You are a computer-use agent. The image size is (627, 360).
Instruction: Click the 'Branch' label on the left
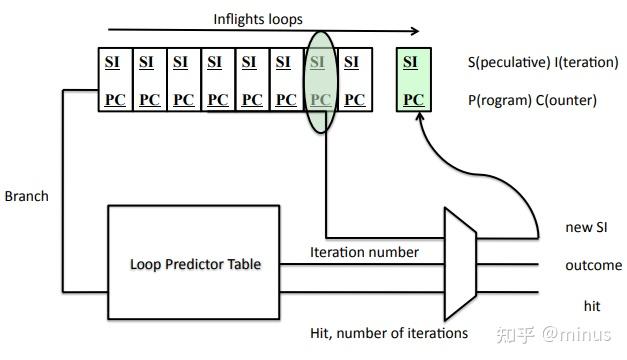[26, 196]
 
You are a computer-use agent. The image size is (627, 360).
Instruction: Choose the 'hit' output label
[592, 305]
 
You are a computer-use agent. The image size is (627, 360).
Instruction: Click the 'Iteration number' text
[364, 253]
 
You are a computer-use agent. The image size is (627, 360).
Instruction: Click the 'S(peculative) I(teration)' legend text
[543, 62]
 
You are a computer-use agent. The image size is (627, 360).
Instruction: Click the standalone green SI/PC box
[410, 80]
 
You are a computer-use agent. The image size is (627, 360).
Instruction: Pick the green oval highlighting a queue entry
[319, 80]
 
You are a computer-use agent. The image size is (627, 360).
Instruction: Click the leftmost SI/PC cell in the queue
[114, 80]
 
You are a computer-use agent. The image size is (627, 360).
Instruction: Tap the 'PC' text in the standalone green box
[410, 100]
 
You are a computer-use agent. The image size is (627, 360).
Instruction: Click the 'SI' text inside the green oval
[318, 62]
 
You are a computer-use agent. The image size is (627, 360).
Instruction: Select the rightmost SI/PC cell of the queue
[352, 80]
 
